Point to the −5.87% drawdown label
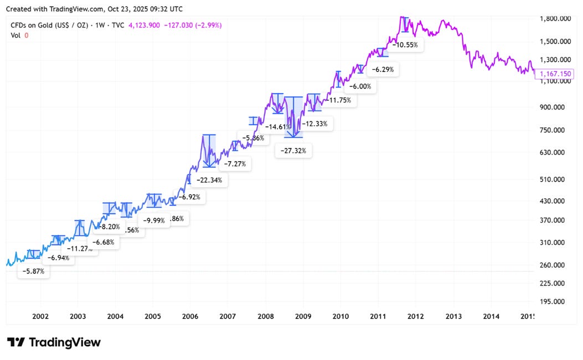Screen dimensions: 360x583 (34, 271)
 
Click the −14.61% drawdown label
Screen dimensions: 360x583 (278, 127)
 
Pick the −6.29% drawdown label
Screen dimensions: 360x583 (383, 70)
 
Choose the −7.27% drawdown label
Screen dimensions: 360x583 (235, 164)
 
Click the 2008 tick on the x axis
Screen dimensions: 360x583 (266, 316)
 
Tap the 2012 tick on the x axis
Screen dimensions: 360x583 (416, 316)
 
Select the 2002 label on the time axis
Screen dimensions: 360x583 (40, 316)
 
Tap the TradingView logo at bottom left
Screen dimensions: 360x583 (54, 342)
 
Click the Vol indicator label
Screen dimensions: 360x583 (16, 35)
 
